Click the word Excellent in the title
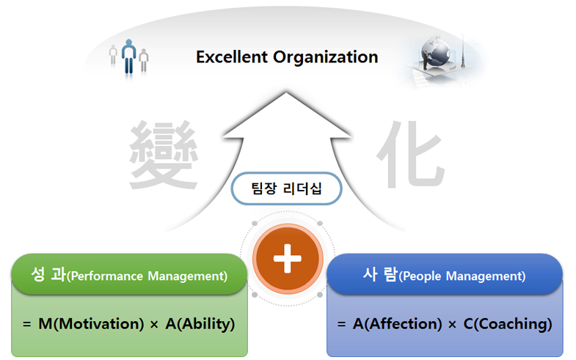click(x=232, y=57)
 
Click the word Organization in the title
click(x=326, y=58)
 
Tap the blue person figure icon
click(x=128, y=56)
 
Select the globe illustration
click(x=435, y=53)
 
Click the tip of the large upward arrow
click(x=285, y=92)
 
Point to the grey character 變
click(x=164, y=155)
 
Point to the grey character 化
click(x=411, y=154)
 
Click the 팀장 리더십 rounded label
click(x=286, y=188)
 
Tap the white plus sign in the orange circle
click(x=287, y=258)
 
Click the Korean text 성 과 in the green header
click(x=48, y=274)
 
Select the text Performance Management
click(x=149, y=276)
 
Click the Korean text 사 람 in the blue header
click(x=381, y=274)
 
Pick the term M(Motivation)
click(x=91, y=324)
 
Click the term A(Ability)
click(x=200, y=324)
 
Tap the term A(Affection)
click(x=398, y=324)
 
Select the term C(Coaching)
click(x=508, y=324)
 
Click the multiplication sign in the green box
click(x=154, y=324)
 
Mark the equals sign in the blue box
click(x=342, y=324)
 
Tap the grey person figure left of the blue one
click(x=113, y=55)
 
